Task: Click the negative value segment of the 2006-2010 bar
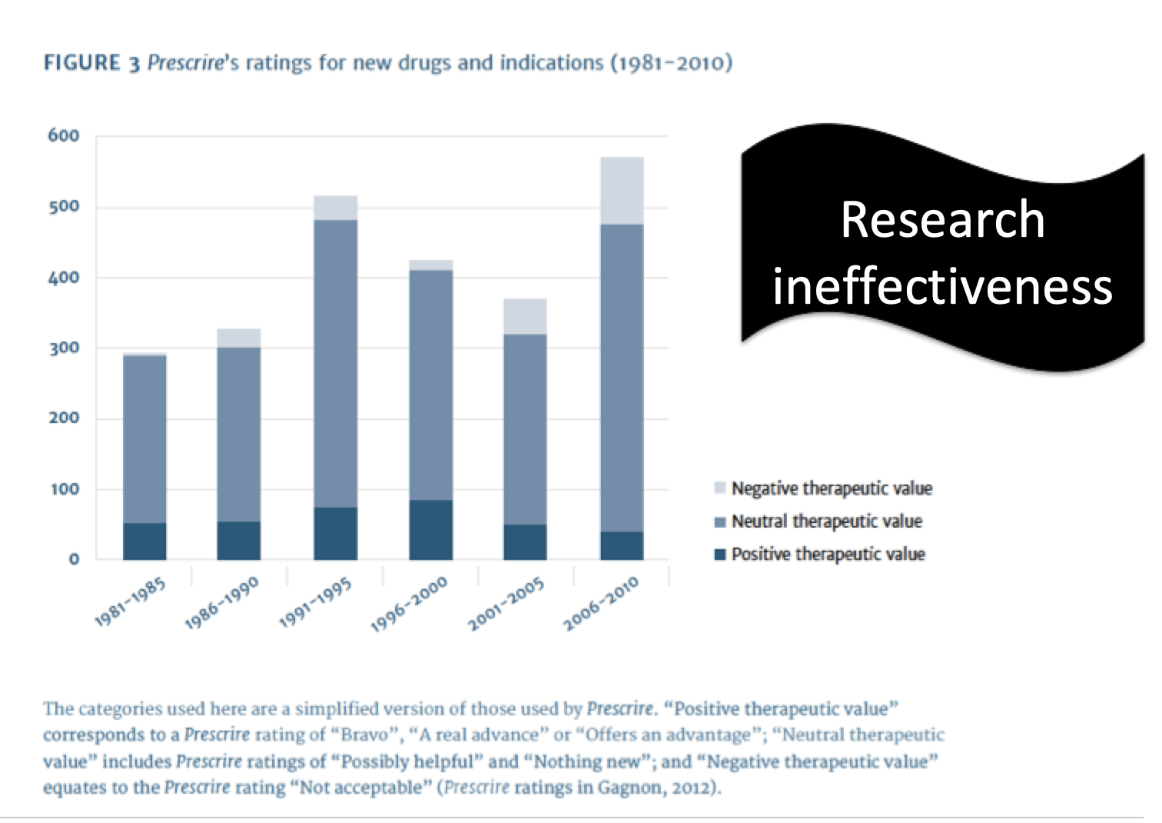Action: coord(622,191)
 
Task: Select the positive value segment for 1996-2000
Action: coord(430,529)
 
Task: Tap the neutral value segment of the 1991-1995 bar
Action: coord(335,363)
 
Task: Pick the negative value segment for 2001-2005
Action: coord(525,316)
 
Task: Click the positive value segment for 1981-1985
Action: coord(144,541)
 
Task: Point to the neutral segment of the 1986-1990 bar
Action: coord(238,434)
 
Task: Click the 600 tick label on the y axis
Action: coord(64,136)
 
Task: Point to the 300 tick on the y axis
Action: coord(64,348)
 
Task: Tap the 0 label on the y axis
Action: coord(74,559)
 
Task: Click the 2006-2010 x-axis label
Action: coord(602,605)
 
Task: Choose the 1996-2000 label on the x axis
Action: coord(410,605)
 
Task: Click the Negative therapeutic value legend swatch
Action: coord(720,488)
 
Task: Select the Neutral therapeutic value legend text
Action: coord(826,521)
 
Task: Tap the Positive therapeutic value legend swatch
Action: coord(720,555)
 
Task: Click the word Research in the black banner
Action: coord(942,220)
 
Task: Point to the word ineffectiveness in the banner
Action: coord(942,286)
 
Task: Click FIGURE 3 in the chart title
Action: coord(91,63)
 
